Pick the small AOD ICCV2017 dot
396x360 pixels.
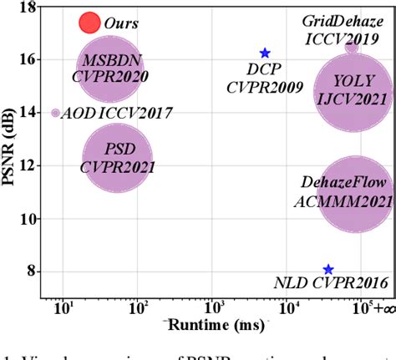pos(56,113)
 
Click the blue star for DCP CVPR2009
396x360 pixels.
pos(265,53)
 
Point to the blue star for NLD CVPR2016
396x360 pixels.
pos(328,270)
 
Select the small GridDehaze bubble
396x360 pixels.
pos(352,47)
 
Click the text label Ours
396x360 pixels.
pos(122,23)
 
